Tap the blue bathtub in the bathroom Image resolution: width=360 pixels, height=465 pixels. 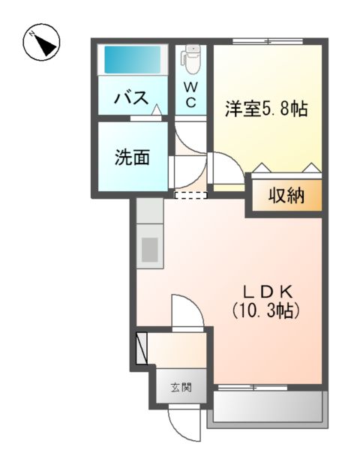(x=133, y=58)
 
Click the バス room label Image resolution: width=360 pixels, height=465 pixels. (x=130, y=98)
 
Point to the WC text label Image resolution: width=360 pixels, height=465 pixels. (x=191, y=95)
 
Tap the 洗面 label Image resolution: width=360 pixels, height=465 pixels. (x=131, y=157)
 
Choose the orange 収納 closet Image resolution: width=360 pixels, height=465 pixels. (x=286, y=196)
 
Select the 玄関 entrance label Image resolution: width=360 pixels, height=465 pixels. (x=180, y=388)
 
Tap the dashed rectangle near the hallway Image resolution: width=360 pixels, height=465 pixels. (x=190, y=196)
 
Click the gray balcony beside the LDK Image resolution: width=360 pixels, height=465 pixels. (x=268, y=409)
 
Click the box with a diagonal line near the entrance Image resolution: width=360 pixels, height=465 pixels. (x=142, y=346)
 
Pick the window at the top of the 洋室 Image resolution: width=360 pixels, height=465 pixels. (x=268, y=41)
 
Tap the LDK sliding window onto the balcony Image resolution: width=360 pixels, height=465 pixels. (x=255, y=387)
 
